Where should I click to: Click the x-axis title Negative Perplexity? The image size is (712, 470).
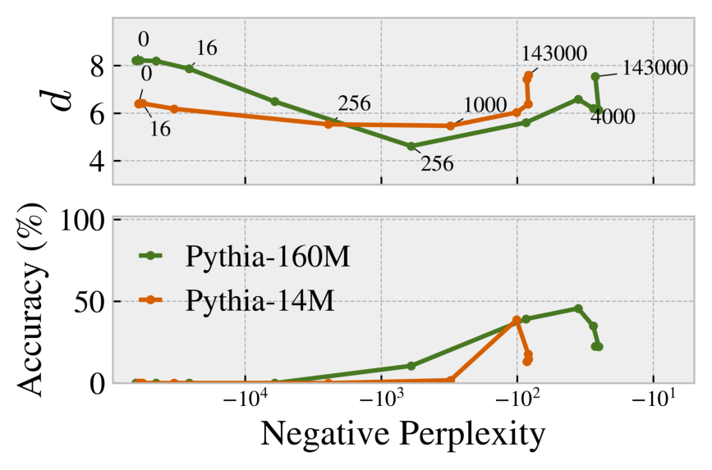402,435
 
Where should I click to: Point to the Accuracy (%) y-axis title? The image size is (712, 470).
30,300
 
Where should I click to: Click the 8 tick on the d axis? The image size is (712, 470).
96,66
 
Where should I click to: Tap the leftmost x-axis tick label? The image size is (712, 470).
244,402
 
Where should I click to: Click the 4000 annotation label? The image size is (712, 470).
613,117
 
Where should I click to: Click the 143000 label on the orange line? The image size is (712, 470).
554,54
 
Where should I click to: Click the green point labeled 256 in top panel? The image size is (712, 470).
411,146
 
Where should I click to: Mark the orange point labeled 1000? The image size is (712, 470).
450,125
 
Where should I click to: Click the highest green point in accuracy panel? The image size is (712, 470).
578,308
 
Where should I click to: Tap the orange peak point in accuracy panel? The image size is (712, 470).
517,320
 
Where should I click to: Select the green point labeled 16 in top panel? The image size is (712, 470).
189,69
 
